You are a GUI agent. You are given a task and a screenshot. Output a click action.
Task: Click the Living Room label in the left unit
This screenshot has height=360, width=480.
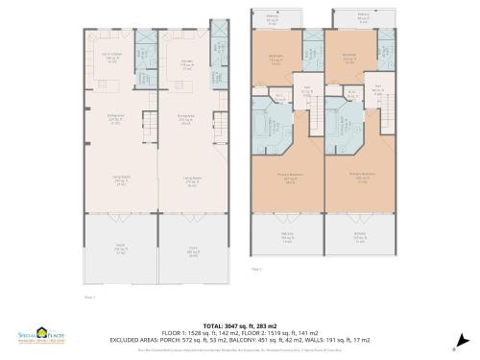click(x=120, y=180)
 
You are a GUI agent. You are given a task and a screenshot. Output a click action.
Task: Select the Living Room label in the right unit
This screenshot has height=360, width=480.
click(x=193, y=180)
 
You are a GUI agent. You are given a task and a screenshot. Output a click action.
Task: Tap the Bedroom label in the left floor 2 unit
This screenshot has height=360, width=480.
click(x=276, y=57)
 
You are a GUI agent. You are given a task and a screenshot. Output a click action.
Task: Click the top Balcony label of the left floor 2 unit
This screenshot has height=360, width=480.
click(x=273, y=17)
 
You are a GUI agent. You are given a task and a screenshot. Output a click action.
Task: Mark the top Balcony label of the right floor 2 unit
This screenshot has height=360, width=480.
click(x=364, y=17)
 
